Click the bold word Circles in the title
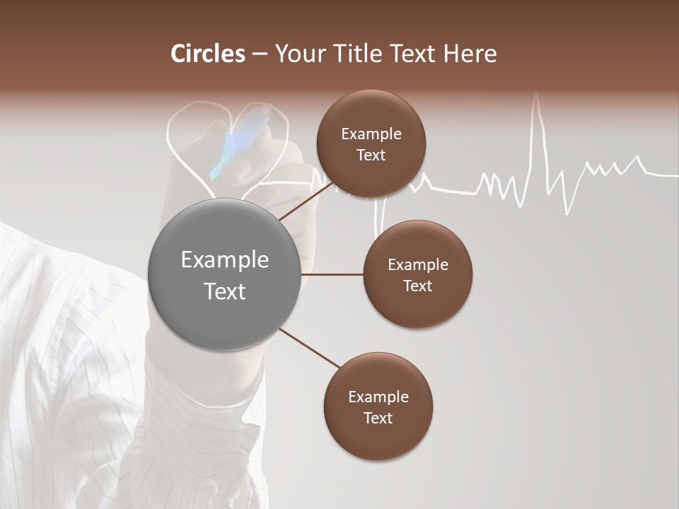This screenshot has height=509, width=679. (207, 54)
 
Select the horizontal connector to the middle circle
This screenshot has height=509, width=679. (332, 274)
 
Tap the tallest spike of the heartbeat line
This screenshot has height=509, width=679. (537, 99)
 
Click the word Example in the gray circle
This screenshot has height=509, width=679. (224, 260)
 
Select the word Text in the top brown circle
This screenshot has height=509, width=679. (371, 156)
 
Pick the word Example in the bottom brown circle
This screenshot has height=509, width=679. (378, 397)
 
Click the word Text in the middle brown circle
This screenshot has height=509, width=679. (417, 286)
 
